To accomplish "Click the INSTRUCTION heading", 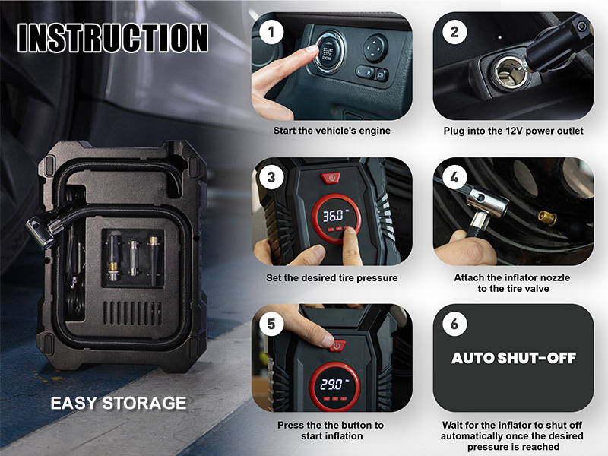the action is click(112, 37).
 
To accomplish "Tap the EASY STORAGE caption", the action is click(119, 404).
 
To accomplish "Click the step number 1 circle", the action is click(271, 32).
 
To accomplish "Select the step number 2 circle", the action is click(454, 32).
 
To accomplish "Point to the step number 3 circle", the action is click(271, 178).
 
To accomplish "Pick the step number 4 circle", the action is click(454, 178).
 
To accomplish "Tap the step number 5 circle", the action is click(271, 324).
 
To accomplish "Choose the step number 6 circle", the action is click(454, 324).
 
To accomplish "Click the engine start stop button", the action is click(328, 53).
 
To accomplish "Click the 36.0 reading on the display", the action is click(334, 216).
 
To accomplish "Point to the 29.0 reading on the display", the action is click(331, 385).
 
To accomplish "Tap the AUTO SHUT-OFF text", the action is click(514, 358).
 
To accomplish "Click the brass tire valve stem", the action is click(546, 218).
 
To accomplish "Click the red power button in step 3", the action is click(331, 179).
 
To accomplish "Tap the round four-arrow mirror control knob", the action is click(375, 49).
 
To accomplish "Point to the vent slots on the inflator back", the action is click(132, 313).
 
